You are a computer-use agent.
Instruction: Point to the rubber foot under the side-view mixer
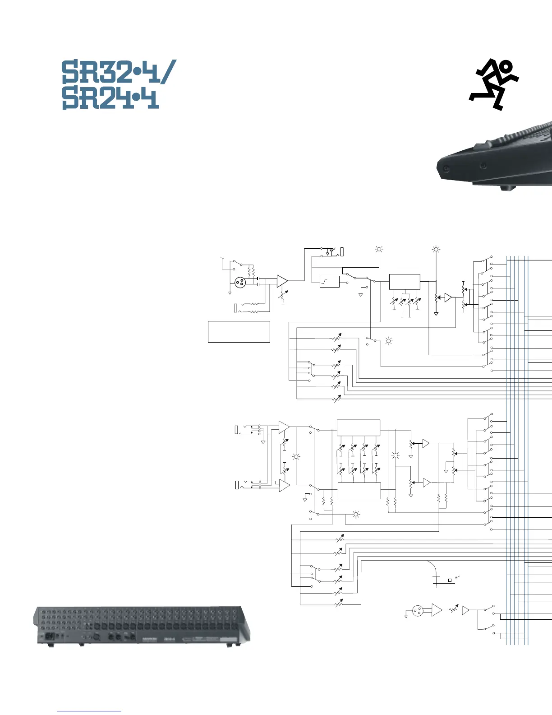click(x=507, y=187)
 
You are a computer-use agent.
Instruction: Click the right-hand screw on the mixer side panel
click(x=483, y=166)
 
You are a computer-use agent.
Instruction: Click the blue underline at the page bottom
click(x=89, y=711)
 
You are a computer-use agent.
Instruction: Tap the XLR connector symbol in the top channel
click(x=240, y=283)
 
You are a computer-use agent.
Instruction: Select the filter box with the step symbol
click(x=329, y=282)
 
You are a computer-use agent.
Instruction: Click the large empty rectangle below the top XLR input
click(x=239, y=332)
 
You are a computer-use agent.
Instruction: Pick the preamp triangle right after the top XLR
click(x=282, y=280)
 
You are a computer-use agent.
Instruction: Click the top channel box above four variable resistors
click(x=405, y=282)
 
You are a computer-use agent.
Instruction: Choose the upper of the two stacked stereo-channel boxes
click(x=359, y=427)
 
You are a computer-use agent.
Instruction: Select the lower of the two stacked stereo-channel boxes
click(x=359, y=491)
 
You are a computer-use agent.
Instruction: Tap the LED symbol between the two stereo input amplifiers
click(x=296, y=457)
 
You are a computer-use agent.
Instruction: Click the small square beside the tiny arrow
click(x=450, y=580)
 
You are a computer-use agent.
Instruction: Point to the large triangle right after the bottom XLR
click(x=437, y=610)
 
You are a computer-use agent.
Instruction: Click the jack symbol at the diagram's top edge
click(x=341, y=251)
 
